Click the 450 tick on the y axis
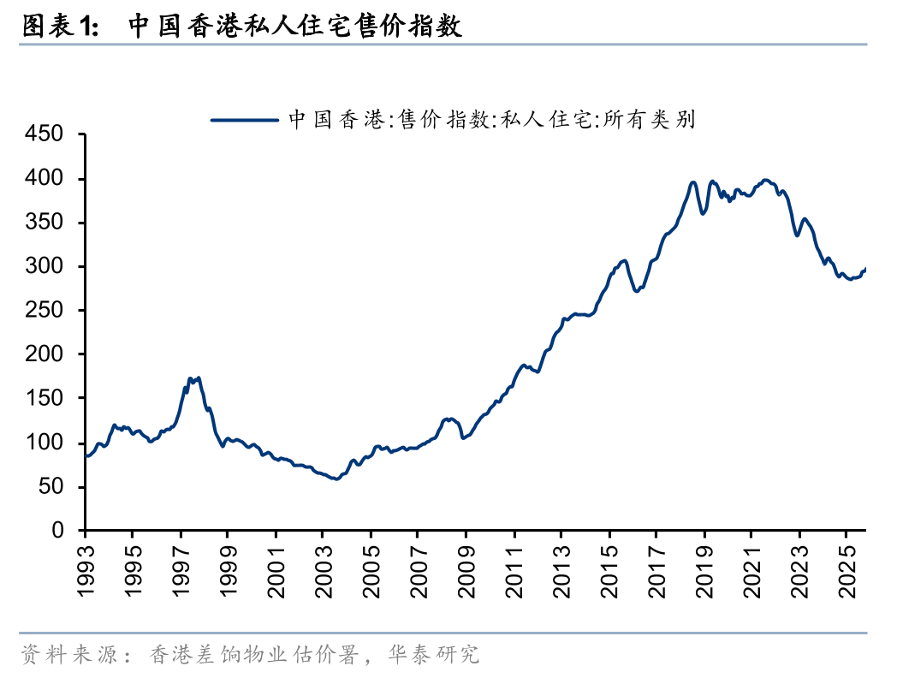(x=45, y=134)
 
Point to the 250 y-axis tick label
(x=45, y=311)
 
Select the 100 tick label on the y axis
(x=45, y=443)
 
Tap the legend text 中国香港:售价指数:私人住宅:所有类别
(x=491, y=120)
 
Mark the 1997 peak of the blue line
(x=190, y=378)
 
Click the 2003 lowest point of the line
(x=336, y=479)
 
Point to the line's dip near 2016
(x=637, y=291)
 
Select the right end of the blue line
(x=865, y=270)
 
